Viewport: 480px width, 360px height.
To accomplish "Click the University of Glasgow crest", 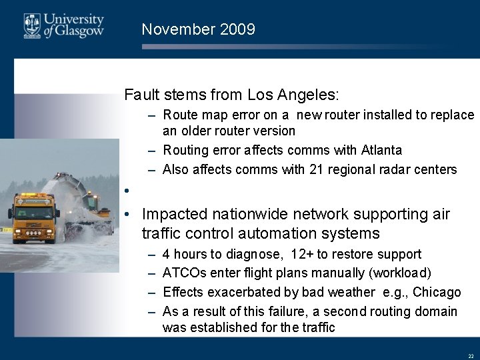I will (33, 26).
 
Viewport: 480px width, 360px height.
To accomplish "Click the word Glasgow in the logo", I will (78, 31).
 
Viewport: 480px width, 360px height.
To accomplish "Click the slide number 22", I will (471, 356).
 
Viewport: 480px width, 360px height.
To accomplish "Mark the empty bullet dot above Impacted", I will (127, 190).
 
